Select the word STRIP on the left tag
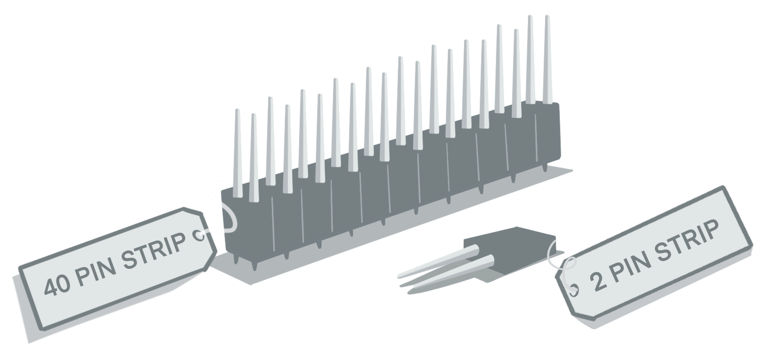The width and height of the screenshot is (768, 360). coord(154,250)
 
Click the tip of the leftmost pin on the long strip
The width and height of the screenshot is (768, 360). coord(237,110)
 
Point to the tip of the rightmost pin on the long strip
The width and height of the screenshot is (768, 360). coord(547,17)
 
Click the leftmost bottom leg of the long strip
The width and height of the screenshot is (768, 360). coord(236,259)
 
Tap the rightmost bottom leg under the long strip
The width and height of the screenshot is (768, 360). coord(544,167)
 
